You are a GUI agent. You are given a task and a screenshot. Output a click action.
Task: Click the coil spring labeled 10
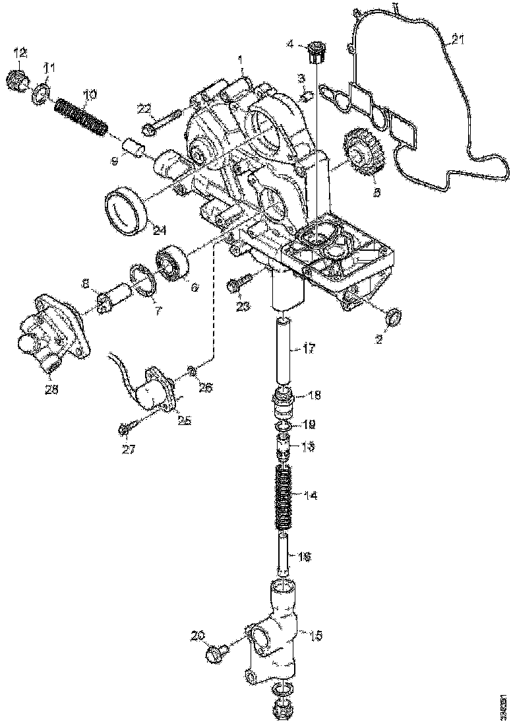tap(80, 117)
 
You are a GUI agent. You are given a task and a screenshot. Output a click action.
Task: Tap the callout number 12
tap(20, 53)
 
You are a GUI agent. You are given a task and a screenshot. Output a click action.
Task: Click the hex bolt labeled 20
tap(216, 654)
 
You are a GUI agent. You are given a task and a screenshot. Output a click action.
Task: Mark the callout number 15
tap(317, 636)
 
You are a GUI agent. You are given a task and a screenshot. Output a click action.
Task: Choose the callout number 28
tap(51, 389)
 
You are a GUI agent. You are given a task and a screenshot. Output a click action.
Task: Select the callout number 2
tap(379, 340)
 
